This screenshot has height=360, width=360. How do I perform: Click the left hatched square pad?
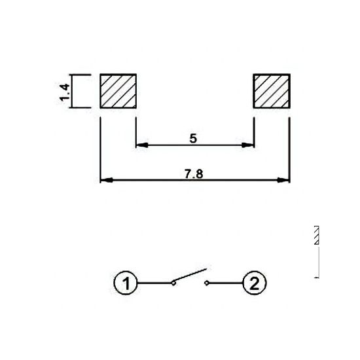(118, 90)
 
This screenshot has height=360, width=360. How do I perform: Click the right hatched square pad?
(271, 90)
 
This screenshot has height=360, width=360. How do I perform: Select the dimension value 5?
(194, 139)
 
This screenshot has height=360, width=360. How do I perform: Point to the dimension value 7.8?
(194, 173)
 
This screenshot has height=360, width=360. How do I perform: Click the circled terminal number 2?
(255, 283)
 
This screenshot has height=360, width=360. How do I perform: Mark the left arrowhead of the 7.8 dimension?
(105, 179)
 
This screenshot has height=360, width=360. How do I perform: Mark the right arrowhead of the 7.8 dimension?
(284, 179)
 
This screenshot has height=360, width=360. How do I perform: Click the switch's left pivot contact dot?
(173, 283)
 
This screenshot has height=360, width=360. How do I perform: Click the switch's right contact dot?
(207, 283)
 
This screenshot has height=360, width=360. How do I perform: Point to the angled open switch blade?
(190, 275)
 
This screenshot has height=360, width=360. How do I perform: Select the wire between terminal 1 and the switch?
(154, 283)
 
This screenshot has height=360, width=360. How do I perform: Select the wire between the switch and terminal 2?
(226, 283)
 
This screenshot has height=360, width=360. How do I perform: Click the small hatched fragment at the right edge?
(317, 235)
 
